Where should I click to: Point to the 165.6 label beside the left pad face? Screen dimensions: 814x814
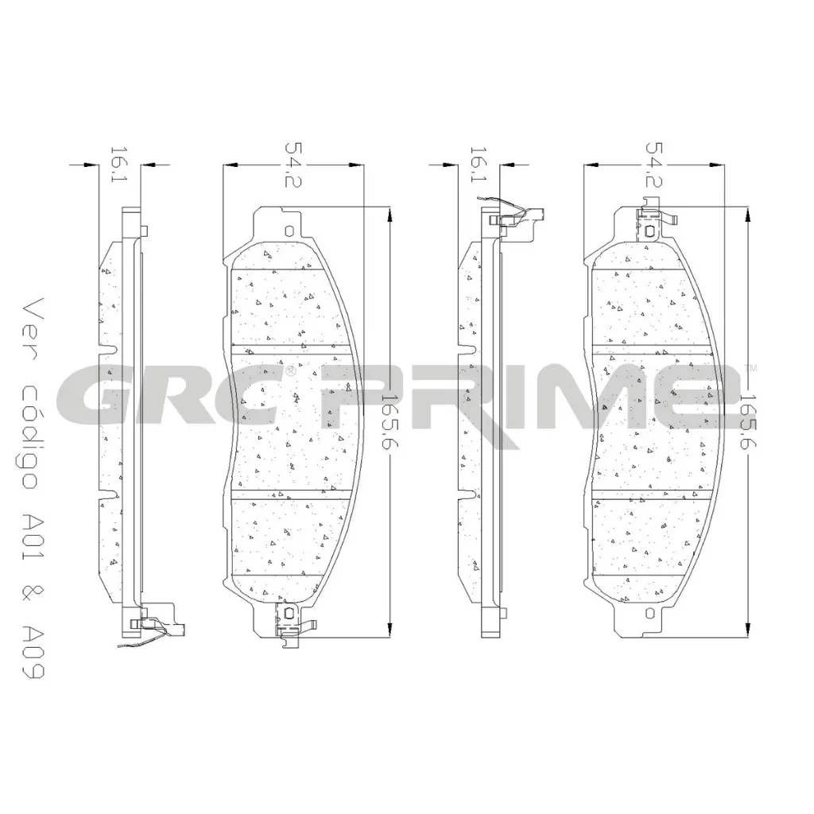[x=388, y=421]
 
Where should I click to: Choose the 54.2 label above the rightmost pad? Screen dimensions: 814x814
[x=653, y=166]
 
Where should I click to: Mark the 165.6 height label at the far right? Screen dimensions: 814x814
[x=747, y=421]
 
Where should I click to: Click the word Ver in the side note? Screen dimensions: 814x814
[x=32, y=321]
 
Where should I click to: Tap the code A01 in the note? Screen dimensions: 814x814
[x=32, y=540]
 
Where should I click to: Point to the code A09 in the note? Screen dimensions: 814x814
[x=32, y=646]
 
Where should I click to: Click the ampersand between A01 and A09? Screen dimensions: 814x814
[x=32, y=595]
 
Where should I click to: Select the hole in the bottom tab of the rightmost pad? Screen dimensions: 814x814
[x=650, y=614]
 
